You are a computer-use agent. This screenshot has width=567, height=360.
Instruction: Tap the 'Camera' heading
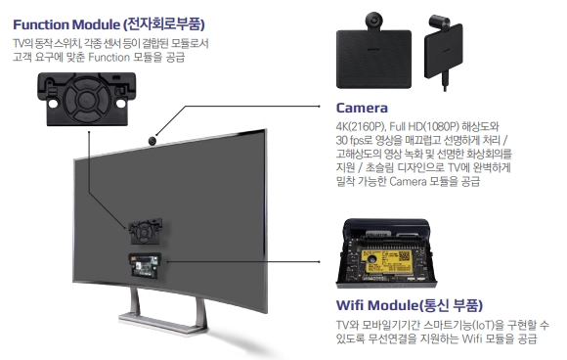(362, 108)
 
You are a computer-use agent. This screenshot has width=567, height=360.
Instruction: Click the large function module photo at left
(84, 101)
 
